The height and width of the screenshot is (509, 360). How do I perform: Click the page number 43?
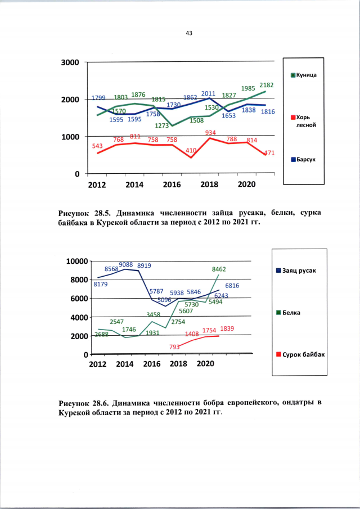click(189, 33)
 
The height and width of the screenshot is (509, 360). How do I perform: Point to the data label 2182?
click(267, 85)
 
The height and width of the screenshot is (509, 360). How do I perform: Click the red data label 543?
click(98, 146)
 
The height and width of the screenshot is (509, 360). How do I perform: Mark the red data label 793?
click(175, 347)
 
